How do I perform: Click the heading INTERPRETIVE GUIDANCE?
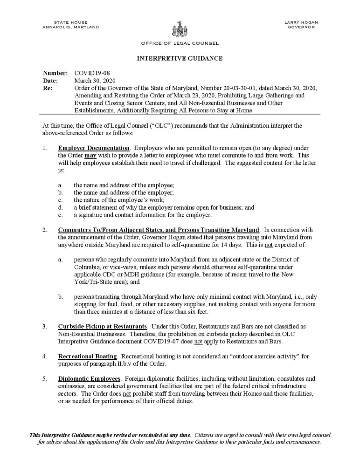coord(180,58)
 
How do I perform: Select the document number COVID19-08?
coord(92,73)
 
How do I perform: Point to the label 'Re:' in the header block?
coord(47,88)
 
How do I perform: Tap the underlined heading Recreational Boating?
coord(87,356)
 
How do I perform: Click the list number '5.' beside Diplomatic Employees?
coord(45,378)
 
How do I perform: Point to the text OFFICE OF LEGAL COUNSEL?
coord(180,43)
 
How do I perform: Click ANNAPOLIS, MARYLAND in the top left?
coord(70,27)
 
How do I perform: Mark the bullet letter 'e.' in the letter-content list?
coord(60,215)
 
